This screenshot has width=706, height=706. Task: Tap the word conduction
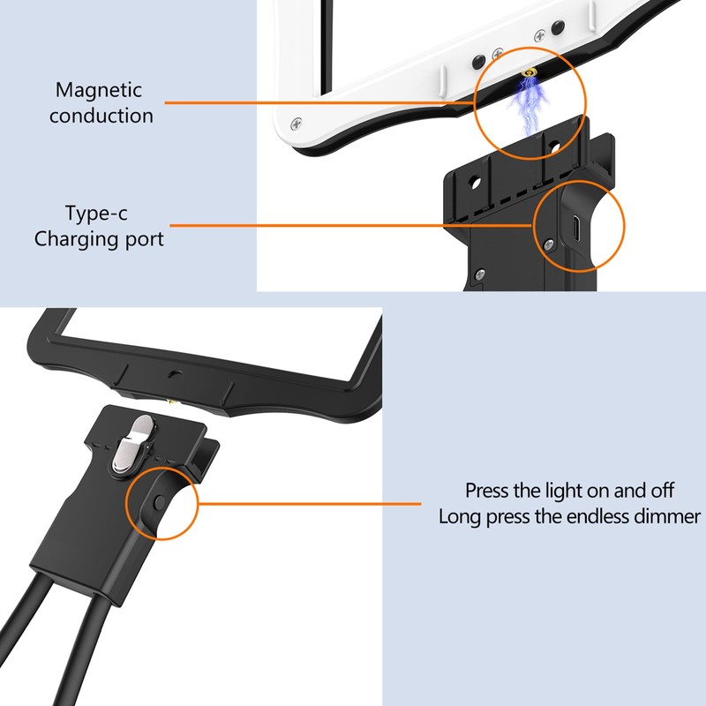(x=101, y=116)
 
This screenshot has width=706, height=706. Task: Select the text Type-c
(x=99, y=213)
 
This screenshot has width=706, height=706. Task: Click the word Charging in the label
(x=75, y=239)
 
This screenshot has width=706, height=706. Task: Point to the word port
(x=142, y=239)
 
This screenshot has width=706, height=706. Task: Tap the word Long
(x=460, y=516)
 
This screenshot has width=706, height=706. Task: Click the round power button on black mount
(x=158, y=502)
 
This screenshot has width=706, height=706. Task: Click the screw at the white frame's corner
(x=297, y=122)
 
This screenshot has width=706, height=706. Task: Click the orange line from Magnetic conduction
(x=318, y=102)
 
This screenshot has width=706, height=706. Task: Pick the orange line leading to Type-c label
(x=353, y=225)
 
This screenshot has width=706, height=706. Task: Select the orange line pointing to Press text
(x=309, y=504)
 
